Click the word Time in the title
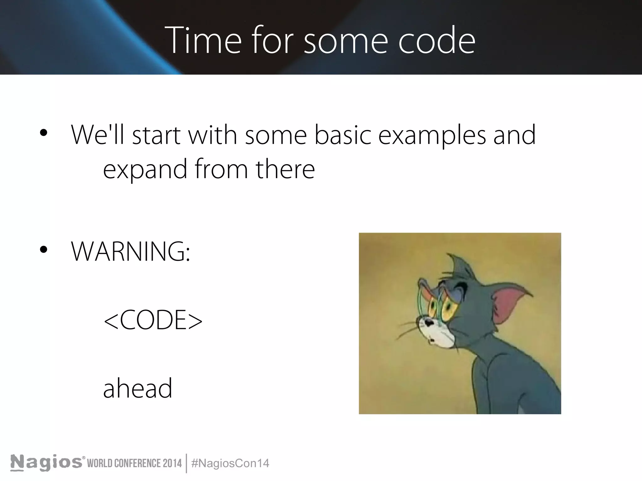[203, 40]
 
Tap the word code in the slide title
[437, 41]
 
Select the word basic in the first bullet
[343, 135]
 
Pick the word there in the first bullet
[285, 169]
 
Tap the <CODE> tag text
[153, 320]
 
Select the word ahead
[138, 388]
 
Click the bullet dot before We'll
[44, 133]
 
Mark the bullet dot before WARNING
[44, 250]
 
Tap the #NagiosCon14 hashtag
[230, 463]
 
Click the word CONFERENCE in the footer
[135, 463]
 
